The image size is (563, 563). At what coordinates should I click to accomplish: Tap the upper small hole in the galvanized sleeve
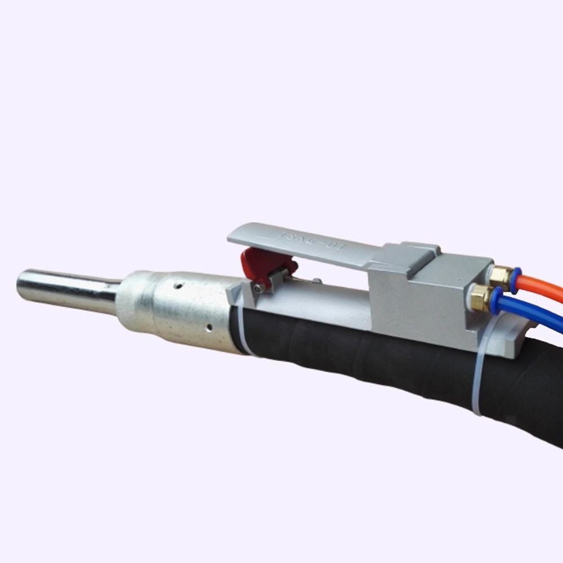pos(178,287)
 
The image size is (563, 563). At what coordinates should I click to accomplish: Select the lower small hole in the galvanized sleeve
pos(208,327)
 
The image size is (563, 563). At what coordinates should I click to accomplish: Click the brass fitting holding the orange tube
pos(500,275)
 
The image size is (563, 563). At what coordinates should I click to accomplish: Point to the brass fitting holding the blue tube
pos(480,298)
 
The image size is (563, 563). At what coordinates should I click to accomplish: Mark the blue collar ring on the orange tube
pos(515,280)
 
